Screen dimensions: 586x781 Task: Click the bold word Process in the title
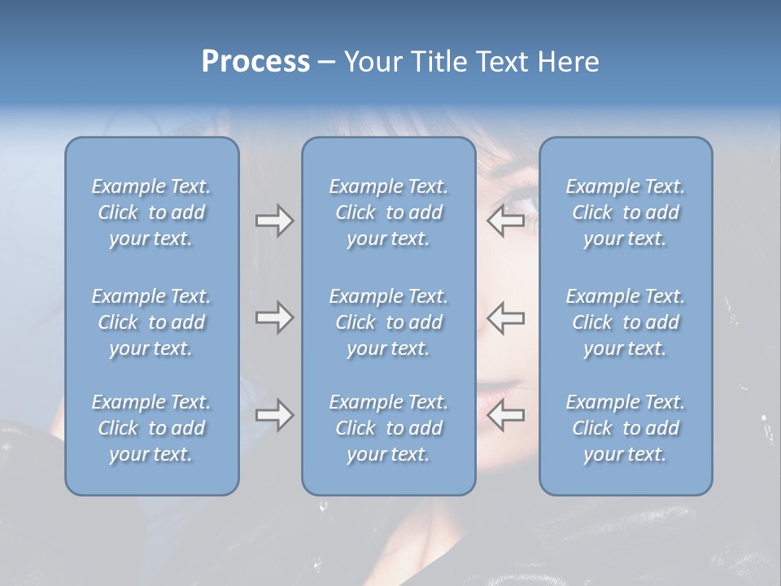pos(255,62)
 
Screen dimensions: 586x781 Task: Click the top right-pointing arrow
pos(274,221)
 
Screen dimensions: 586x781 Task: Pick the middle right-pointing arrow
pos(274,317)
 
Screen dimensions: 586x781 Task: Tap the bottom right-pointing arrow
pos(274,415)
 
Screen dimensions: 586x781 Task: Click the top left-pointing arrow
pos(506,221)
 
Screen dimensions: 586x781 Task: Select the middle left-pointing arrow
pos(506,317)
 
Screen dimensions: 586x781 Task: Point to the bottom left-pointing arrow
pos(506,415)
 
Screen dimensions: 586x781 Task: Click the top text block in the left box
pos(151,212)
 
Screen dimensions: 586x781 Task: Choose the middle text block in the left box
pos(151,322)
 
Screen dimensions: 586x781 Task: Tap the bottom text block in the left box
pos(151,428)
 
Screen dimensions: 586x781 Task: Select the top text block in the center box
pos(388,212)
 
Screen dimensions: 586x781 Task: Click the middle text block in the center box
pos(388,322)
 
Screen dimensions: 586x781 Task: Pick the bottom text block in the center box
pos(388,428)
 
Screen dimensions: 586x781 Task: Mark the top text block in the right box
pos(625,212)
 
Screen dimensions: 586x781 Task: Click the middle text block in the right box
pos(625,322)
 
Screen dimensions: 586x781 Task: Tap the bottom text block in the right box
pos(625,428)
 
